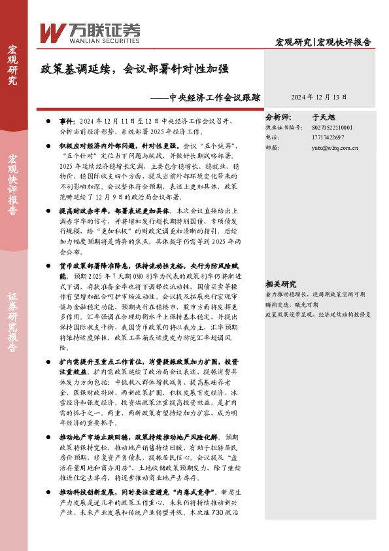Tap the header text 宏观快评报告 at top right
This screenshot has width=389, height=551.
pos(345,43)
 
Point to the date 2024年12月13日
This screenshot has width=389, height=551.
pos(318,96)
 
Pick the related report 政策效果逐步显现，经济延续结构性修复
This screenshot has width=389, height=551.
pos(317,296)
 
